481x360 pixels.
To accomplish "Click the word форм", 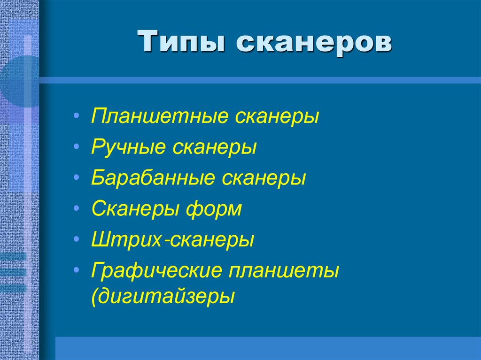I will pyautogui.click(x=215, y=209).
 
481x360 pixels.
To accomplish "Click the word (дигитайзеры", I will pyautogui.click(x=163, y=297).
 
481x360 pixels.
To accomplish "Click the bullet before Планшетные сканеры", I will pyautogui.click(x=77, y=116).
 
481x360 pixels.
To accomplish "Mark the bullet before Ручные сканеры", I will pyautogui.click(x=77, y=147).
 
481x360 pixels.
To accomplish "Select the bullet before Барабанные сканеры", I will pyautogui.click(x=77, y=178).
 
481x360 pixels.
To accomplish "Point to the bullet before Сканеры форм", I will pyautogui.click(x=77, y=209).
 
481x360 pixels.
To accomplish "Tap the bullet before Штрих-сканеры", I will pyautogui.click(x=77, y=240).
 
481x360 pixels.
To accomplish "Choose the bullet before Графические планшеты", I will pyautogui.click(x=77, y=271).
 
